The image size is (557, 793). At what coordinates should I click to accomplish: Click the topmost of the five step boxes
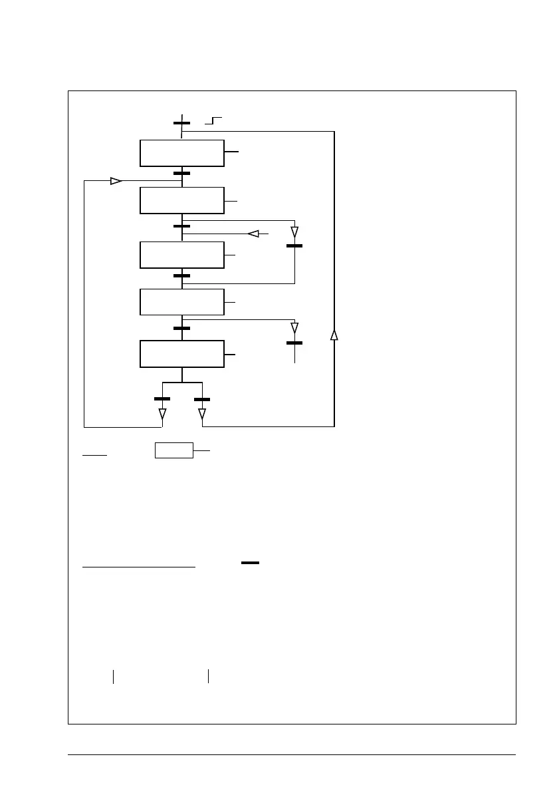(181, 153)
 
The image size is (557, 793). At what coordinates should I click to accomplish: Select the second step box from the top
(181, 200)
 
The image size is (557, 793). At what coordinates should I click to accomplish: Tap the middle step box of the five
(181, 255)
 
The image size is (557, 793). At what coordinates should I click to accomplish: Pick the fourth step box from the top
(181, 302)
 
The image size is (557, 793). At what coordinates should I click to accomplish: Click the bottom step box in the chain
(181, 353)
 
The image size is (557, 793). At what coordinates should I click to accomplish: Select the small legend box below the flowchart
(174, 450)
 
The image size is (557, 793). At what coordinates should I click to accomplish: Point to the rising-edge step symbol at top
(213, 120)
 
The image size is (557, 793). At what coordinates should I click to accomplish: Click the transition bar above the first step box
(181, 123)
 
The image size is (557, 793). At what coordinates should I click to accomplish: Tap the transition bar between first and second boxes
(181, 173)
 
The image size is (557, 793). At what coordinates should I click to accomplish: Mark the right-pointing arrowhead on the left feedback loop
(116, 181)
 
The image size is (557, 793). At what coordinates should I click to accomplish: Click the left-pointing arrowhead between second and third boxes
(253, 234)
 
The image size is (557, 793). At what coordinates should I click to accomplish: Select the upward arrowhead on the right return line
(334, 335)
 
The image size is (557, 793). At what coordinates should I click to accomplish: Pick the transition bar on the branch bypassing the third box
(294, 246)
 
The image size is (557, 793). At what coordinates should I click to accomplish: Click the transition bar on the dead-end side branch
(294, 343)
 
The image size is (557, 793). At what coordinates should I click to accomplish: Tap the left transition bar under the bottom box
(162, 398)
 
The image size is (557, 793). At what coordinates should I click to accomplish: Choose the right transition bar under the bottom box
(201, 399)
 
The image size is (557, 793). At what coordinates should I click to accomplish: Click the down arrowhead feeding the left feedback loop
(162, 414)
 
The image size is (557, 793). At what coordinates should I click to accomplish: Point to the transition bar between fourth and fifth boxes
(181, 328)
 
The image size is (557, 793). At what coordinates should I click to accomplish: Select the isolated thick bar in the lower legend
(250, 563)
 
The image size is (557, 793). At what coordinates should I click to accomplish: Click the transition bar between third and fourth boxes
(181, 275)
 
